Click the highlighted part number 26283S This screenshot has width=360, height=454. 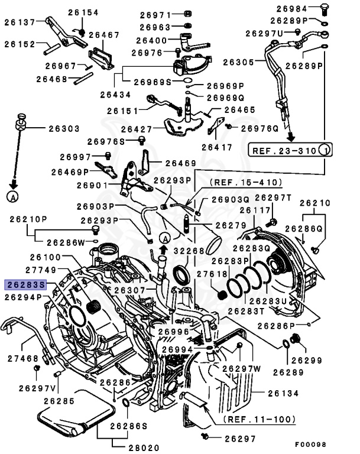(25, 284)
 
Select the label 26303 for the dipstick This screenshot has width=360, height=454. (63, 127)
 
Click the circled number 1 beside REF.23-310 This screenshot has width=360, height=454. (325, 150)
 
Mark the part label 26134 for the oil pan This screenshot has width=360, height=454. (283, 393)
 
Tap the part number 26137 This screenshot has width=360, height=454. (21, 22)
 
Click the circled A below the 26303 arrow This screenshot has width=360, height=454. (12, 196)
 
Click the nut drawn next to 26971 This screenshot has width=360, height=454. (187, 14)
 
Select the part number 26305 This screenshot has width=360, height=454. (238, 61)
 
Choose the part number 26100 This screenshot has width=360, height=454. (46, 258)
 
